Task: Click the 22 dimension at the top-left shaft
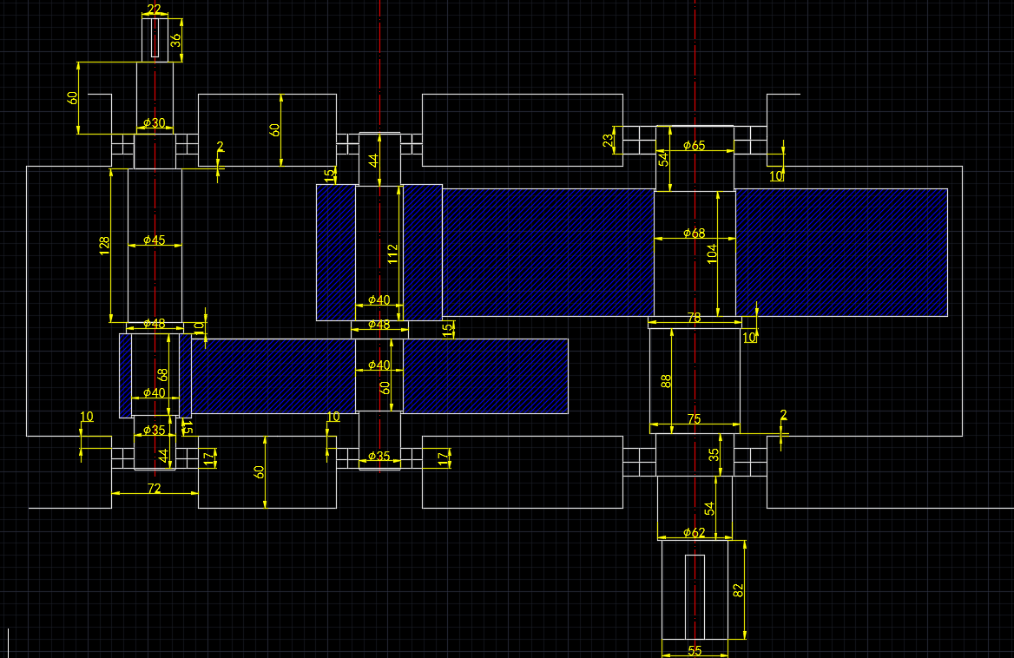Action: [x=155, y=10]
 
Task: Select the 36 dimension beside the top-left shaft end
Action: [x=175, y=39]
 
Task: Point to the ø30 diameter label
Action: [x=155, y=123]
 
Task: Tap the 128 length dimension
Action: [x=105, y=246]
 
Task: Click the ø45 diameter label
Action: [x=155, y=240]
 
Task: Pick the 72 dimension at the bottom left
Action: [x=155, y=490]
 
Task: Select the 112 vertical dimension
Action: [x=392, y=253]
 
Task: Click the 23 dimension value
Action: [x=609, y=139]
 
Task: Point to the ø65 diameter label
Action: [x=694, y=146]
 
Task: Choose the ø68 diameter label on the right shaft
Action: [x=694, y=234]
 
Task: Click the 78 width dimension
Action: [x=694, y=319]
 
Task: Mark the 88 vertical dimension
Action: [x=667, y=380]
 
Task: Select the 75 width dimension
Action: [x=694, y=419]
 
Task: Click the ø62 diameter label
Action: [x=694, y=532]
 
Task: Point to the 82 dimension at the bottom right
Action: [x=739, y=590]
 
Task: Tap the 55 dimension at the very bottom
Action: [x=695, y=650]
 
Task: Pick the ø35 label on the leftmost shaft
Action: [x=154, y=431]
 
